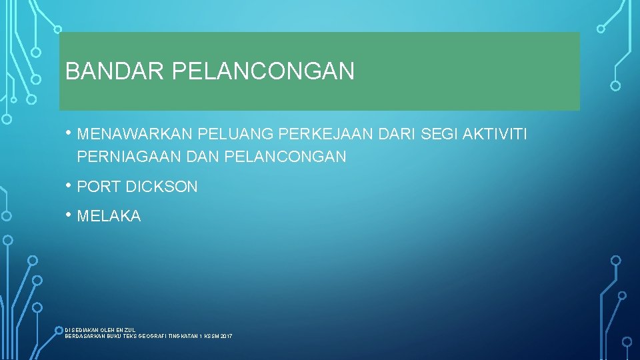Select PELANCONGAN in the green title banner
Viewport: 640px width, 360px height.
(x=263, y=71)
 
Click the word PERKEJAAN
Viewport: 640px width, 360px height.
(x=327, y=135)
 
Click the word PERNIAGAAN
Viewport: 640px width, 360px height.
(x=130, y=157)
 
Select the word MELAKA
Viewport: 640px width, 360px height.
(x=109, y=217)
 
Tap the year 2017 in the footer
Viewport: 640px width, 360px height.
(x=225, y=336)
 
